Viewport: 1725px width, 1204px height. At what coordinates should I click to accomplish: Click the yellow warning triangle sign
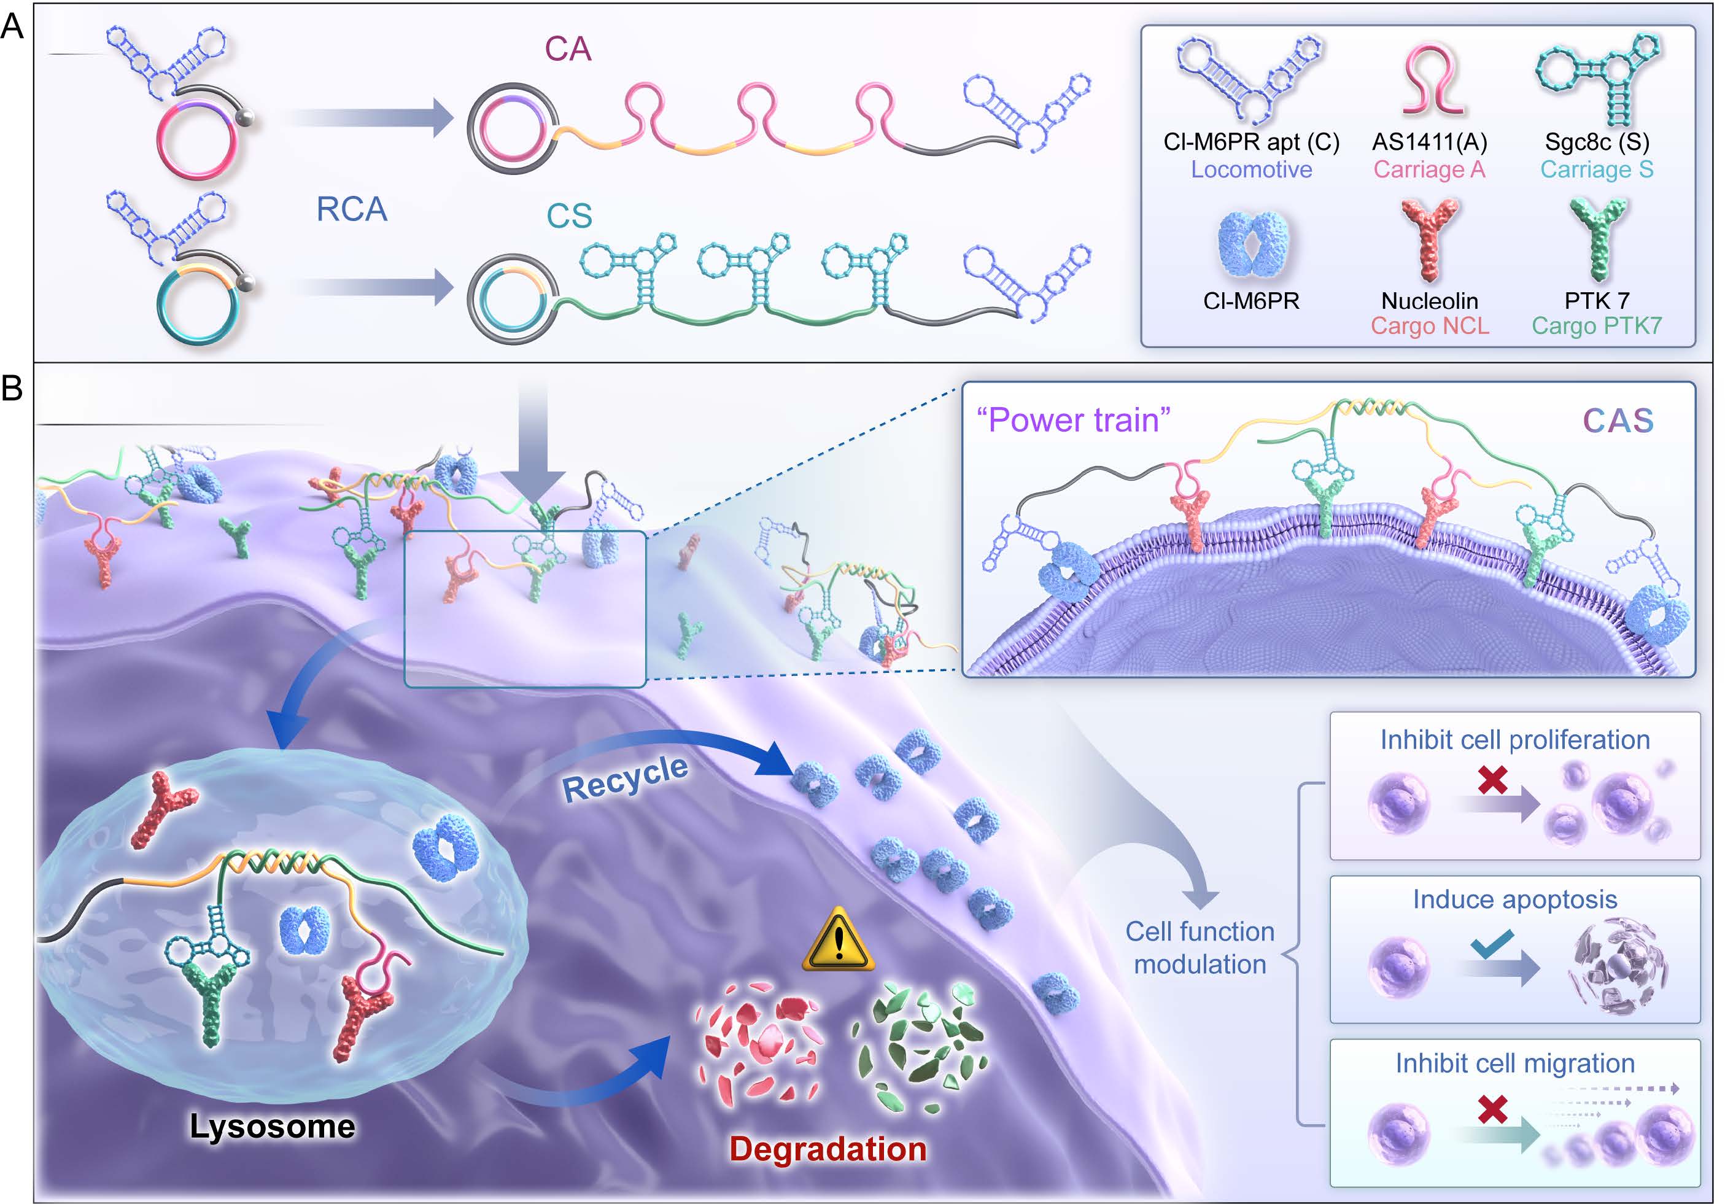coord(839,939)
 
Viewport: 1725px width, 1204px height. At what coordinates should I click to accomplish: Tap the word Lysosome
coord(272,1126)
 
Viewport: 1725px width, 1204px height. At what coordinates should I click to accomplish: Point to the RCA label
coord(352,209)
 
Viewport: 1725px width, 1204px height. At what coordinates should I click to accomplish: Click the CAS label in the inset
coord(1618,421)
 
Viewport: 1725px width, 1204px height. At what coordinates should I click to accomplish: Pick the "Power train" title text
coord(1073,420)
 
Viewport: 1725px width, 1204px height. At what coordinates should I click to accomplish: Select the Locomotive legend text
coord(1251,170)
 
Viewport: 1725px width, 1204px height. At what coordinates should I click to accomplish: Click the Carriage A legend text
coord(1429,170)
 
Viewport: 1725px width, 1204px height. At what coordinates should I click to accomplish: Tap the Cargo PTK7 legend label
coord(1597,325)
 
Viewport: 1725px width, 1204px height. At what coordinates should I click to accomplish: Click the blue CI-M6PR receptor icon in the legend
coord(1252,244)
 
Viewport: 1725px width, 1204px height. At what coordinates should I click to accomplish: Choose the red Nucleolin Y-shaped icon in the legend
coord(1430,239)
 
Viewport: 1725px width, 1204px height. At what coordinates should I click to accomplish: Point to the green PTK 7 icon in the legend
coord(1598,239)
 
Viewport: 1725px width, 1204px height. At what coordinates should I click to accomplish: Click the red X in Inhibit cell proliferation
coord(1493,779)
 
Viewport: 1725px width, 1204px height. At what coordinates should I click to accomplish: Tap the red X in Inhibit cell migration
coord(1493,1109)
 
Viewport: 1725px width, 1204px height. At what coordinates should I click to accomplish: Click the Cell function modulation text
coord(1200,948)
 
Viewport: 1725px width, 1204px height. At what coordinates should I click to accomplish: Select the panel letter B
coord(12,389)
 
